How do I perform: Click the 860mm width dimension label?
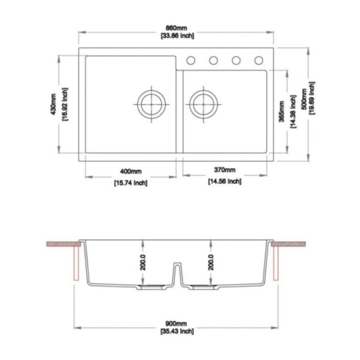pyautogui.click(x=176, y=28)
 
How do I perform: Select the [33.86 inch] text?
pyautogui.click(x=177, y=36)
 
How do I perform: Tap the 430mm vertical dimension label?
pyautogui.click(x=53, y=104)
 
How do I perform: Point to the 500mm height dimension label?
pyautogui.click(x=304, y=99)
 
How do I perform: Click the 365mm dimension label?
pyautogui.click(x=281, y=112)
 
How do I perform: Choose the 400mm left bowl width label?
pyautogui.click(x=131, y=171)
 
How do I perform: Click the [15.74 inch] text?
pyautogui.click(x=131, y=183)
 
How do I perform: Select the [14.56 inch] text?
pyautogui.click(x=225, y=181)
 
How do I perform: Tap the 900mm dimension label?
pyautogui.click(x=176, y=324)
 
